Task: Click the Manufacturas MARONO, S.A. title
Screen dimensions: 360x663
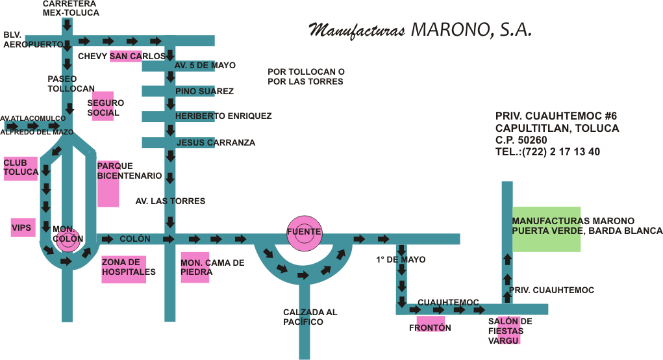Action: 419,31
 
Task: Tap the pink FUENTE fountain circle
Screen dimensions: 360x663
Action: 303,233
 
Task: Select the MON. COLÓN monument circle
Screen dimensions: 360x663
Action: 68,238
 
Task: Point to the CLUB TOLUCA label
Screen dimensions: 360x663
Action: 21,168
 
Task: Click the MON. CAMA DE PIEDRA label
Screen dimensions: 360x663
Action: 212,267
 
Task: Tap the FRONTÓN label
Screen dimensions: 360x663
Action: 429,328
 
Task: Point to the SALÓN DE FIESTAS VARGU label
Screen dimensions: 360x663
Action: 510,330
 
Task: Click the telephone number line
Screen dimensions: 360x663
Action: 547,152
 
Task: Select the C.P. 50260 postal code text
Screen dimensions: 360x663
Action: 521,140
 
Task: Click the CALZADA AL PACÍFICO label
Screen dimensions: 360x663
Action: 310,317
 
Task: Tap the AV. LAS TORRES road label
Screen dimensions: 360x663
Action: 170,201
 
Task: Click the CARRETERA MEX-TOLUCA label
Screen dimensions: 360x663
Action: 71,8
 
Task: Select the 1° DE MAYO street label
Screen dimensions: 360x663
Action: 401,260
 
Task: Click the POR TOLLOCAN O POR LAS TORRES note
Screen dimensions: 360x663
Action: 306,77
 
